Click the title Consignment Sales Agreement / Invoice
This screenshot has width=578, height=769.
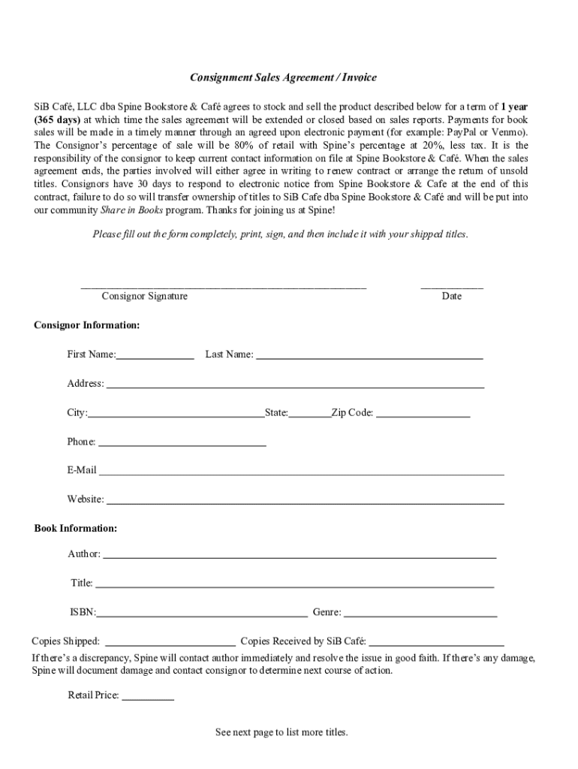click(283, 77)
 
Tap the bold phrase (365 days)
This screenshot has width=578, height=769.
click(57, 119)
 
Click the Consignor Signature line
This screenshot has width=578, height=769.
click(223, 285)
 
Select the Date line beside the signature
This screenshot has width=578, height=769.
click(451, 285)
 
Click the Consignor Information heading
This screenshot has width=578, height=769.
click(86, 325)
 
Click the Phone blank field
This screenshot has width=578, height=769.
click(182, 444)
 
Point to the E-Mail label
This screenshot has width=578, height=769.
click(82, 470)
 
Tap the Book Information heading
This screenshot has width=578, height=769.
click(75, 529)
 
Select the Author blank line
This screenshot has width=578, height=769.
click(299, 556)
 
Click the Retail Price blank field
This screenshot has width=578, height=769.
click(148, 698)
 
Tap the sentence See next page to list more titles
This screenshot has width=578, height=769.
click(281, 732)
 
